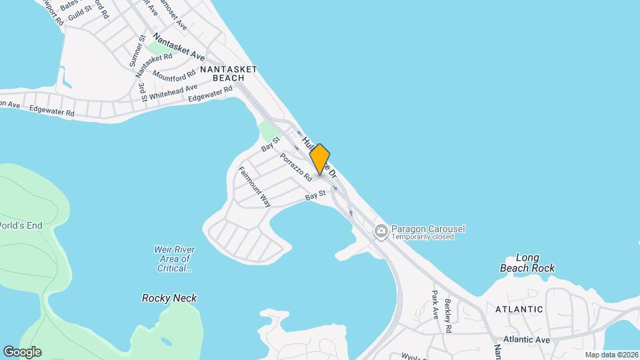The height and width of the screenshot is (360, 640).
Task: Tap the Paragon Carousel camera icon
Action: (381, 232)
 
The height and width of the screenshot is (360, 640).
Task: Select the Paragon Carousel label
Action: (428, 229)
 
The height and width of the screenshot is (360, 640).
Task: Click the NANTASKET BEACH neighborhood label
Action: (228, 73)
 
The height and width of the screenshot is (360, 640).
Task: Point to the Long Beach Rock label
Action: (527, 263)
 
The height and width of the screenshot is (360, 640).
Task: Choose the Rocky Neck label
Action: (169, 298)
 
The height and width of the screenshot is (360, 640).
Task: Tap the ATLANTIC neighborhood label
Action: (519, 309)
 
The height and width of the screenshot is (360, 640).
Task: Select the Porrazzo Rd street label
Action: (296, 168)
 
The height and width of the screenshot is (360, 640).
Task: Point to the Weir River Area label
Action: (173, 259)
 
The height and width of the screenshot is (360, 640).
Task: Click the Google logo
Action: (22, 352)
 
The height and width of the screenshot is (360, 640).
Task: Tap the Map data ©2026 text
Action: (611, 355)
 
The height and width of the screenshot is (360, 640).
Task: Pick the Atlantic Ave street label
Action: (527, 339)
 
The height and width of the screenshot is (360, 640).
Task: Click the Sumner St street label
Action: (136, 51)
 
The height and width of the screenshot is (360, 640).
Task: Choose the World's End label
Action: (21, 225)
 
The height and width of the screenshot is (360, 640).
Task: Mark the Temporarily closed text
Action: (423, 237)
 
